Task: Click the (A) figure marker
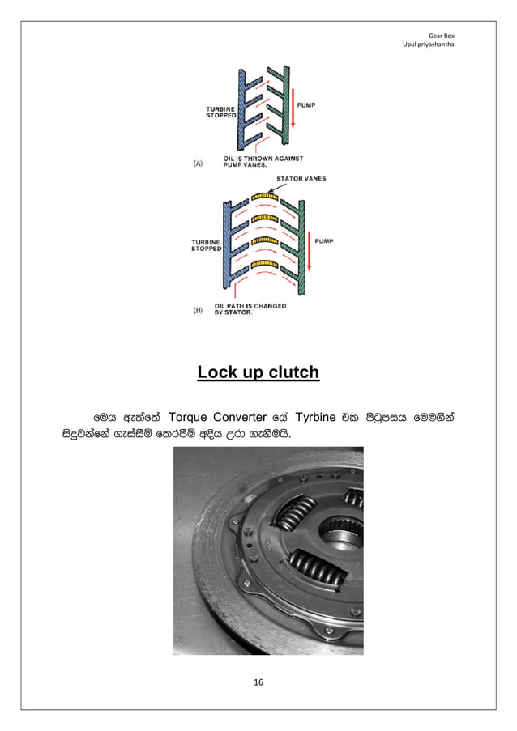[x=198, y=163]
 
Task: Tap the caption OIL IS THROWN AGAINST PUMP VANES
[x=253, y=161]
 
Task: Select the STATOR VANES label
[x=301, y=178]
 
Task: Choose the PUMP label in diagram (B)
[x=323, y=240]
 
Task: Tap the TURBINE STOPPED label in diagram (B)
[x=206, y=245]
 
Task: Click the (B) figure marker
[x=198, y=309]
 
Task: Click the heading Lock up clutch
[x=258, y=372]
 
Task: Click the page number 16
[x=258, y=683]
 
